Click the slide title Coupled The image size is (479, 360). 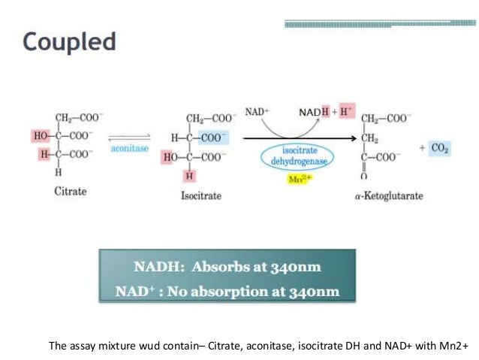coord(69,41)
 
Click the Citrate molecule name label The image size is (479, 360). coord(71,191)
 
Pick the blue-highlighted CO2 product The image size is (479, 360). coord(440,148)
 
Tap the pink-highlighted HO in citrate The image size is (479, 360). coord(40,136)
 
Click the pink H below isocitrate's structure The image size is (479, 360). coord(190,176)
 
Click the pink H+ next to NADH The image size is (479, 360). coord(346,112)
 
